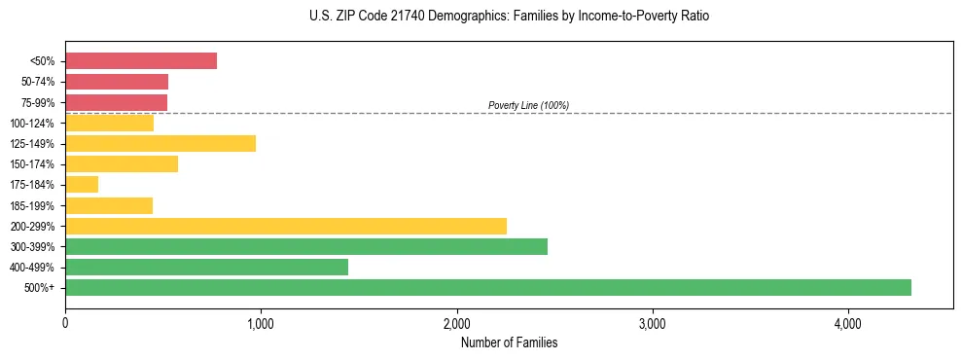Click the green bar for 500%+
click(488, 287)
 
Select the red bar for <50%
click(141, 60)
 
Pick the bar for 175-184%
click(82, 184)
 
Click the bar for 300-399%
click(306, 246)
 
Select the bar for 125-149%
click(160, 143)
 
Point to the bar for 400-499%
click(206, 267)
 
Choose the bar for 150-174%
click(122, 163)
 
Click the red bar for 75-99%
click(116, 102)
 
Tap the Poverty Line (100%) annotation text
click(528, 105)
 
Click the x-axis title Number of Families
click(509, 342)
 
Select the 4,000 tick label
click(847, 324)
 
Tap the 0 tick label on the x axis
click(65, 324)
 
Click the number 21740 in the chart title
click(411, 17)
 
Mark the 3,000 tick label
click(652, 324)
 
